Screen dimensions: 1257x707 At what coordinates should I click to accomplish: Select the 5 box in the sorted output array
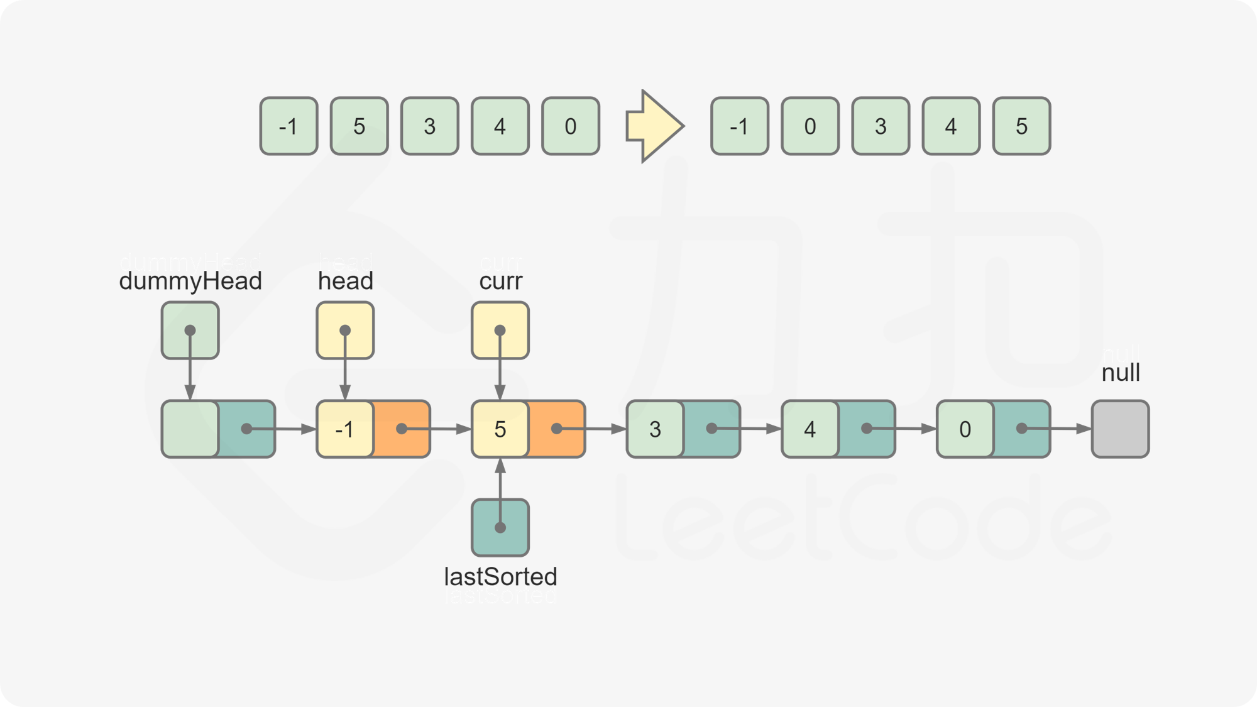click(x=1021, y=126)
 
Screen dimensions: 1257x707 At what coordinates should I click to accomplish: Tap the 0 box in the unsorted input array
click(x=570, y=126)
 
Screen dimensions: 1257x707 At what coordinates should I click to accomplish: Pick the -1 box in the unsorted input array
click(x=288, y=126)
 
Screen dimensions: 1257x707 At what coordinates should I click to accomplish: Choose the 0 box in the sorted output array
click(x=810, y=126)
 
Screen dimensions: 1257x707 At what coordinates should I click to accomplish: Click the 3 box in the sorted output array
click(x=881, y=126)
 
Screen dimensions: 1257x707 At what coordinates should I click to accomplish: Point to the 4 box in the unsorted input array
click(x=500, y=126)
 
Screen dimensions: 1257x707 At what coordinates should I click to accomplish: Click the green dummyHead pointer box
click(x=190, y=330)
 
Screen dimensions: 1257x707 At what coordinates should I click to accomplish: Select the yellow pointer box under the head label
click(x=345, y=330)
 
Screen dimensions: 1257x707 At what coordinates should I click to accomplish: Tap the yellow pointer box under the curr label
click(x=500, y=330)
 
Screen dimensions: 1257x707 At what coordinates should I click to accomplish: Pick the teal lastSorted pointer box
click(x=500, y=527)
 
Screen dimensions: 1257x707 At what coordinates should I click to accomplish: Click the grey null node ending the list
click(x=1120, y=429)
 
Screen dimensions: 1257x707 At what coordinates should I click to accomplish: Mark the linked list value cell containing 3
click(x=655, y=429)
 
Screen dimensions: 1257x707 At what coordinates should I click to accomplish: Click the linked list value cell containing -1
click(x=344, y=429)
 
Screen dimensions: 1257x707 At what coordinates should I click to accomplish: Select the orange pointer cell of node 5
click(x=557, y=429)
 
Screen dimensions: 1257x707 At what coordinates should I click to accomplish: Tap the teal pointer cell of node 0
click(x=1022, y=429)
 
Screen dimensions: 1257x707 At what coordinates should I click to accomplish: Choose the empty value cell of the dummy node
click(x=190, y=429)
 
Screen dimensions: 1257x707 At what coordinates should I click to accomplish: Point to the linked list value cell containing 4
click(x=810, y=429)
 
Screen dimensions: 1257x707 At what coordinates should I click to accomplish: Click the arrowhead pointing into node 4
click(x=774, y=429)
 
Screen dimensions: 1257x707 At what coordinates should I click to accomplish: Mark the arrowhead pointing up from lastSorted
click(x=500, y=466)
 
